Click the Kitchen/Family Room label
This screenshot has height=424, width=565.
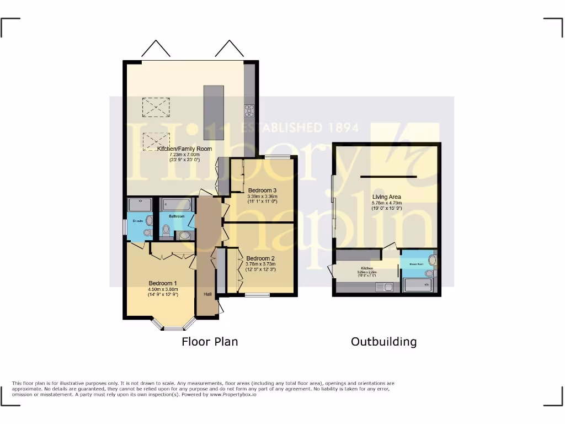184,149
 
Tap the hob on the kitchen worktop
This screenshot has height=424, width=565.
249,111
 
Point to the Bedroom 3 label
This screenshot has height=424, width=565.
262,190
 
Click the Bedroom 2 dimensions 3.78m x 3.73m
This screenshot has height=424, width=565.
260,264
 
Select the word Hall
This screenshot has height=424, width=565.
207,294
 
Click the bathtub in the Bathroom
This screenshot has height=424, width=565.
177,205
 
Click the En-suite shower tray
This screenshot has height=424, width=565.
140,205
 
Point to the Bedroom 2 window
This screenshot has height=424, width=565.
257,295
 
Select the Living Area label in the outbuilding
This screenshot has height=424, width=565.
387,197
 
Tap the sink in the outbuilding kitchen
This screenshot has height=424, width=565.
384,287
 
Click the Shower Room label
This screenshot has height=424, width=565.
417,264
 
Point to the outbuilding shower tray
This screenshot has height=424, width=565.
419,285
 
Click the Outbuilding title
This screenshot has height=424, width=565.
383,342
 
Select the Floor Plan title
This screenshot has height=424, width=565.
210,342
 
